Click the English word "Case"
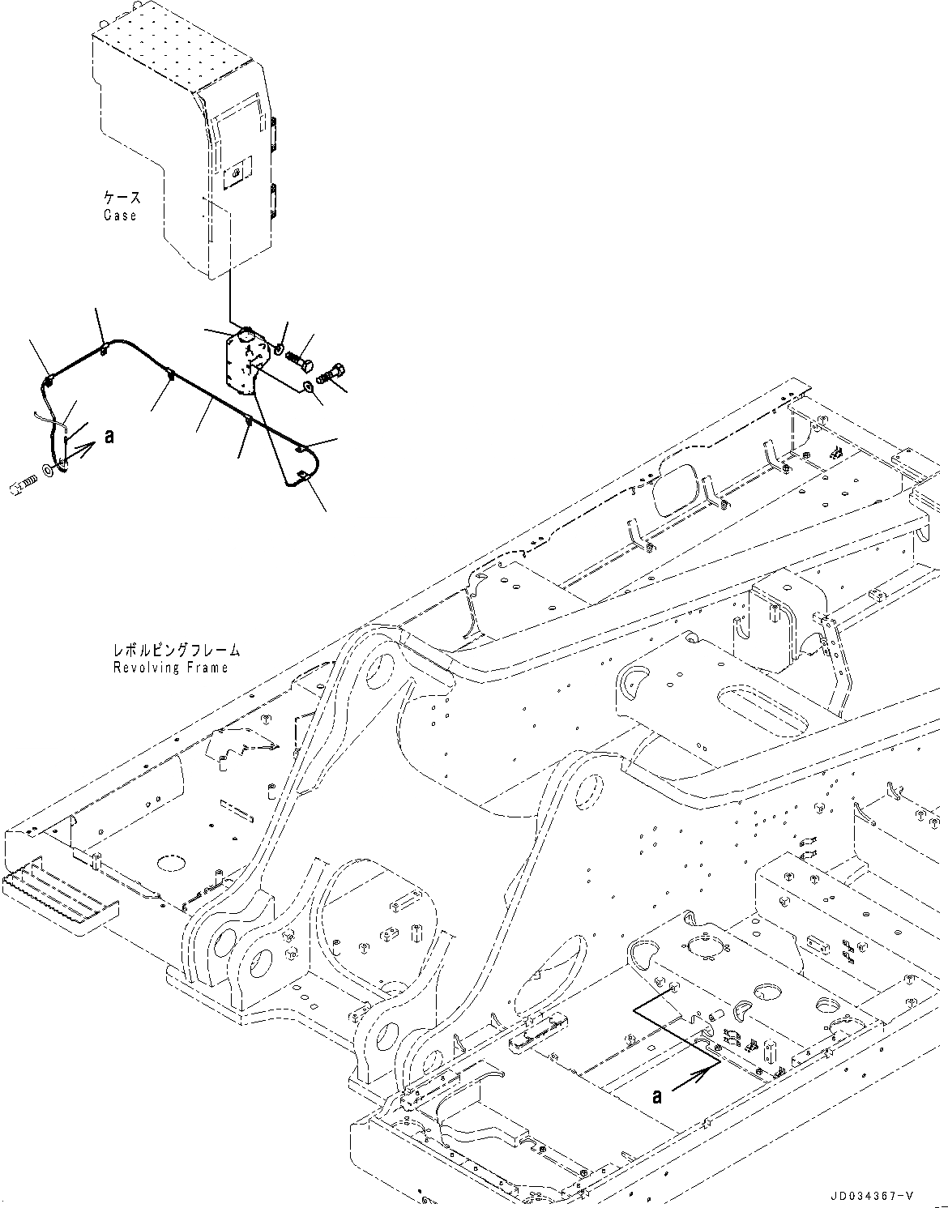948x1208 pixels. (120, 216)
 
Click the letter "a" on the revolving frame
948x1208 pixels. (656, 1096)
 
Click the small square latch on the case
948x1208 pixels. (234, 173)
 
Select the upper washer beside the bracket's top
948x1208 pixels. (280, 349)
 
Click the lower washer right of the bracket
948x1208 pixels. (308, 387)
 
